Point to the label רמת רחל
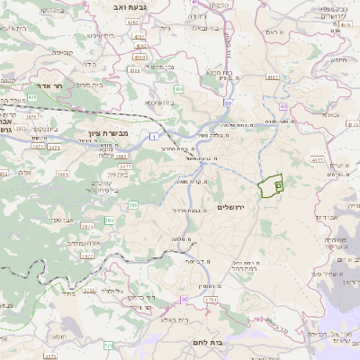244,268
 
